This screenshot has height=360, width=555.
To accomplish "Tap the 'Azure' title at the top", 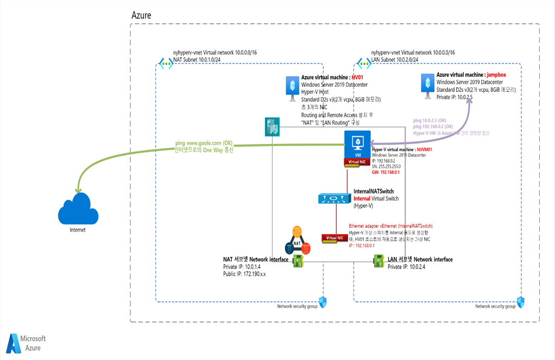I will point(141,15).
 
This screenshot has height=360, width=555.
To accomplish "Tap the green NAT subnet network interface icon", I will point(298,262).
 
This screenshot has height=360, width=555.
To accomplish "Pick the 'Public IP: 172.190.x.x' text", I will point(244,274).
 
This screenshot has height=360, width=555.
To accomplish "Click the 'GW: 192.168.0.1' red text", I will point(386,172).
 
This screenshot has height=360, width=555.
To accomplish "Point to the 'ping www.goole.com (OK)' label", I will point(199,143).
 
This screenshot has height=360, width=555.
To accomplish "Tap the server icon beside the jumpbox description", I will point(426,84).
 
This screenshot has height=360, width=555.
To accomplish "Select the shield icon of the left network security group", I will point(322,302).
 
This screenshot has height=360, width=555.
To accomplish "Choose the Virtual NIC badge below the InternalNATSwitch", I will point(335,237).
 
